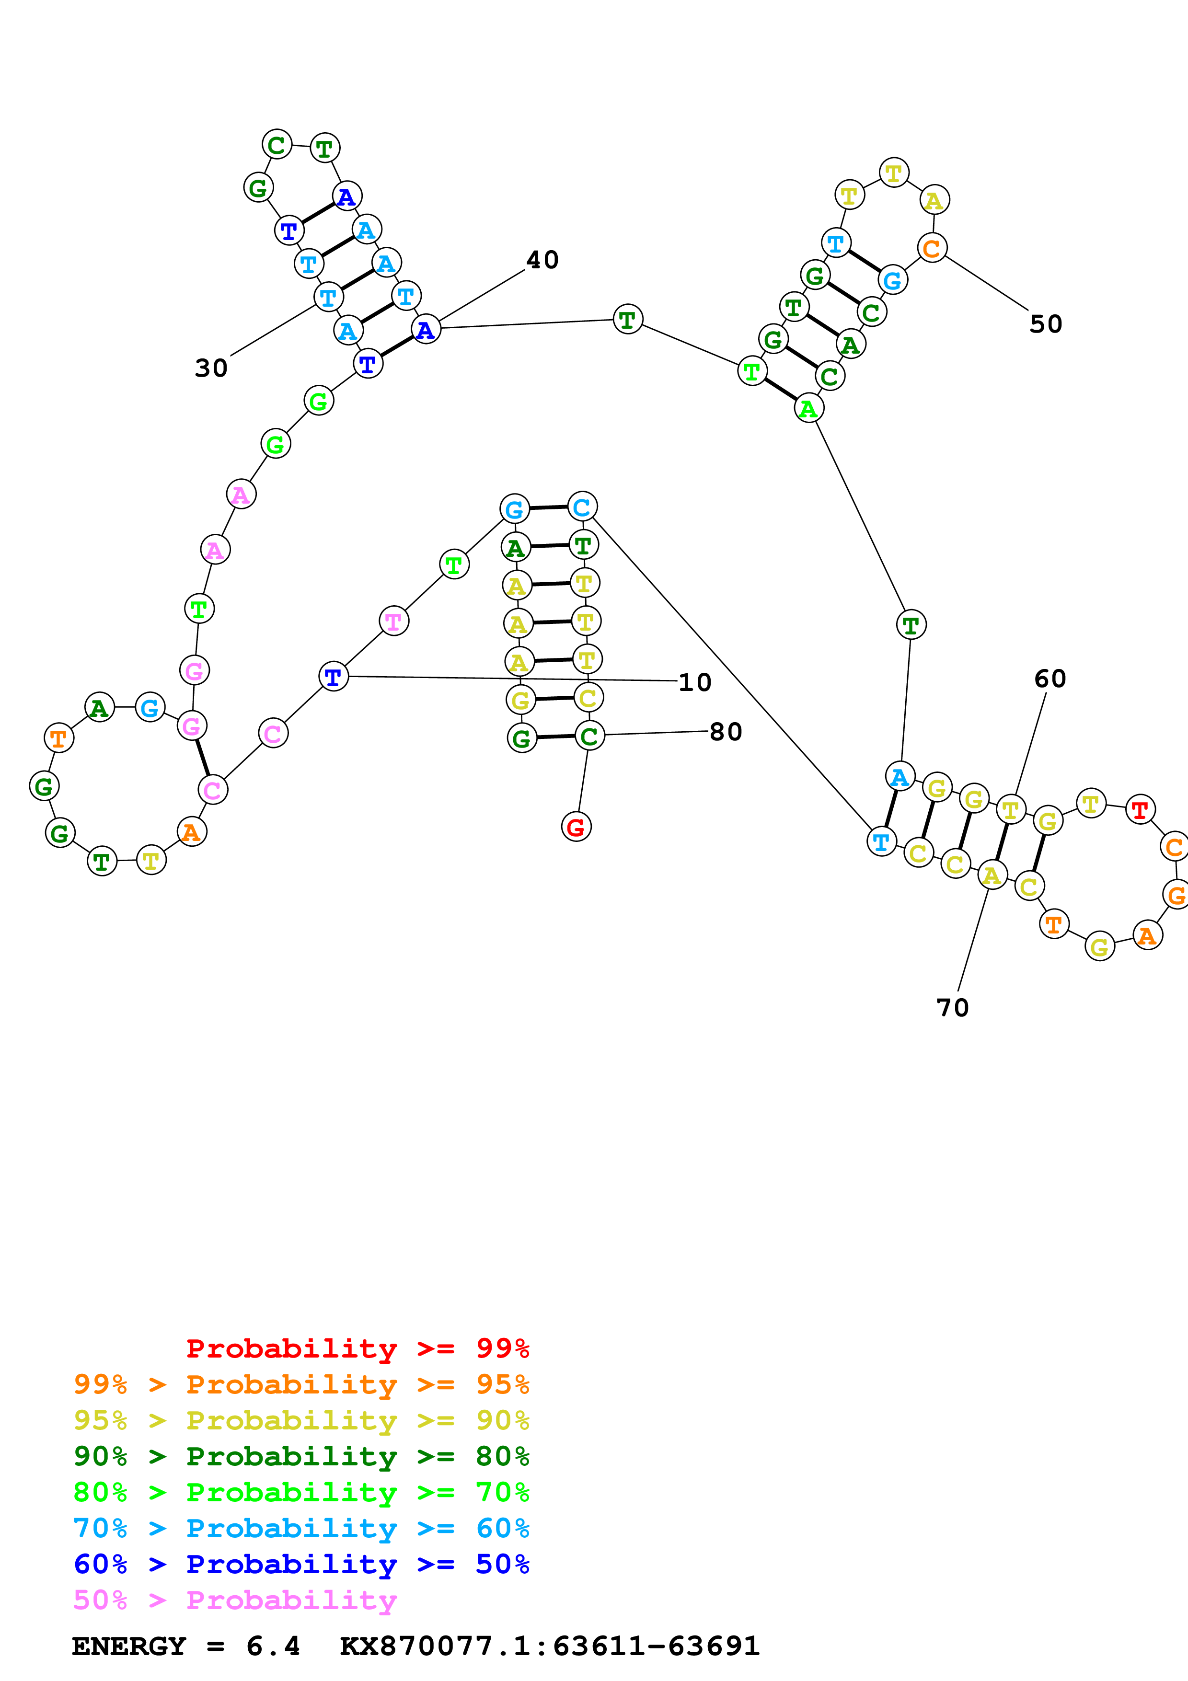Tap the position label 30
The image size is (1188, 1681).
pos(211,368)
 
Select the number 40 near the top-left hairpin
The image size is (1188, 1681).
pos(542,260)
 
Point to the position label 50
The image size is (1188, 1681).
pos(1045,324)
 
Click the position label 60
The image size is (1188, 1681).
pos(1050,679)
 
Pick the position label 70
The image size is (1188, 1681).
pos(952,1008)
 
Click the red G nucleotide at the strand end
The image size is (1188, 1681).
pos(576,827)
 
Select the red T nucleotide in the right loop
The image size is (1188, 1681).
pos(1140,810)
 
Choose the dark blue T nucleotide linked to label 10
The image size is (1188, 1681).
pos(333,677)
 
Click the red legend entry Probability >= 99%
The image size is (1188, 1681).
pos(357,1348)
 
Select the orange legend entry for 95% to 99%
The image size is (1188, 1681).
pos(301,1384)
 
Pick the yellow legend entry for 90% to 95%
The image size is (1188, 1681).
pos(301,1420)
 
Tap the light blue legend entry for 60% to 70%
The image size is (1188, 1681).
pos(301,1528)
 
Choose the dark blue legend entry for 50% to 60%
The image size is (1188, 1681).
pos(301,1564)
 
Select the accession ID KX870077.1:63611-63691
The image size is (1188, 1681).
pos(550,1646)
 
